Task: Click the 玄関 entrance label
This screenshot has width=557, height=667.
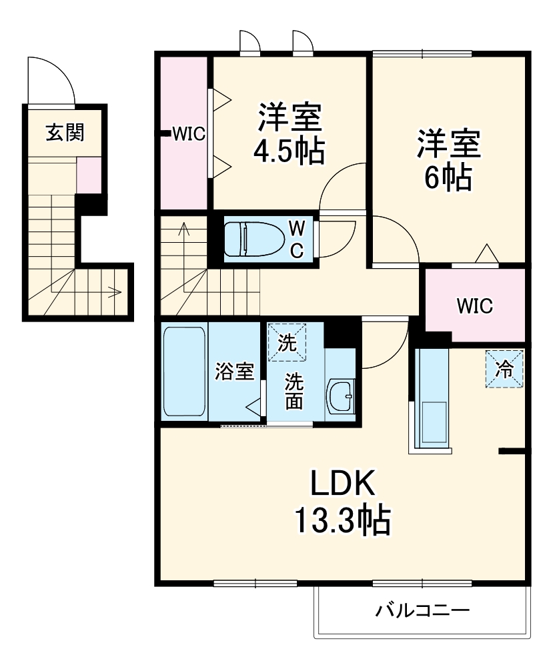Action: click(x=65, y=133)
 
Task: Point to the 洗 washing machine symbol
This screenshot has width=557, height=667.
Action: click(x=287, y=342)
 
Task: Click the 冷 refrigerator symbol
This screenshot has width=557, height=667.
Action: click(x=505, y=369)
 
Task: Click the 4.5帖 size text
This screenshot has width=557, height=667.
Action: click(x=289, y=151)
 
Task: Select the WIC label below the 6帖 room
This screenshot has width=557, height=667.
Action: click(x=474, y=306)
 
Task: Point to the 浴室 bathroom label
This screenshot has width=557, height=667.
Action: click(x=234, y=372)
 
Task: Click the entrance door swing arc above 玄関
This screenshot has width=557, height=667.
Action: click(x=50, y=80)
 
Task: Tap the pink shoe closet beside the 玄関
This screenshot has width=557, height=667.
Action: click(x=89, y=175)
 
